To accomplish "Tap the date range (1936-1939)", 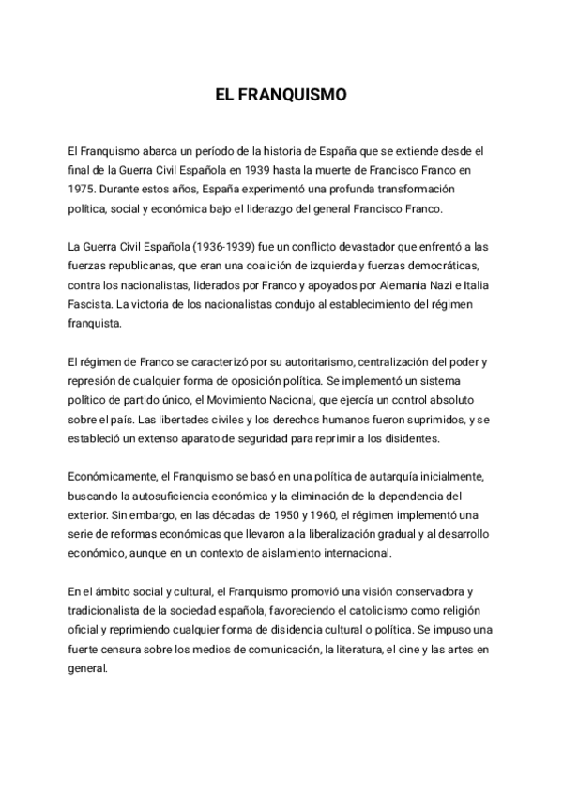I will point(219,247).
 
